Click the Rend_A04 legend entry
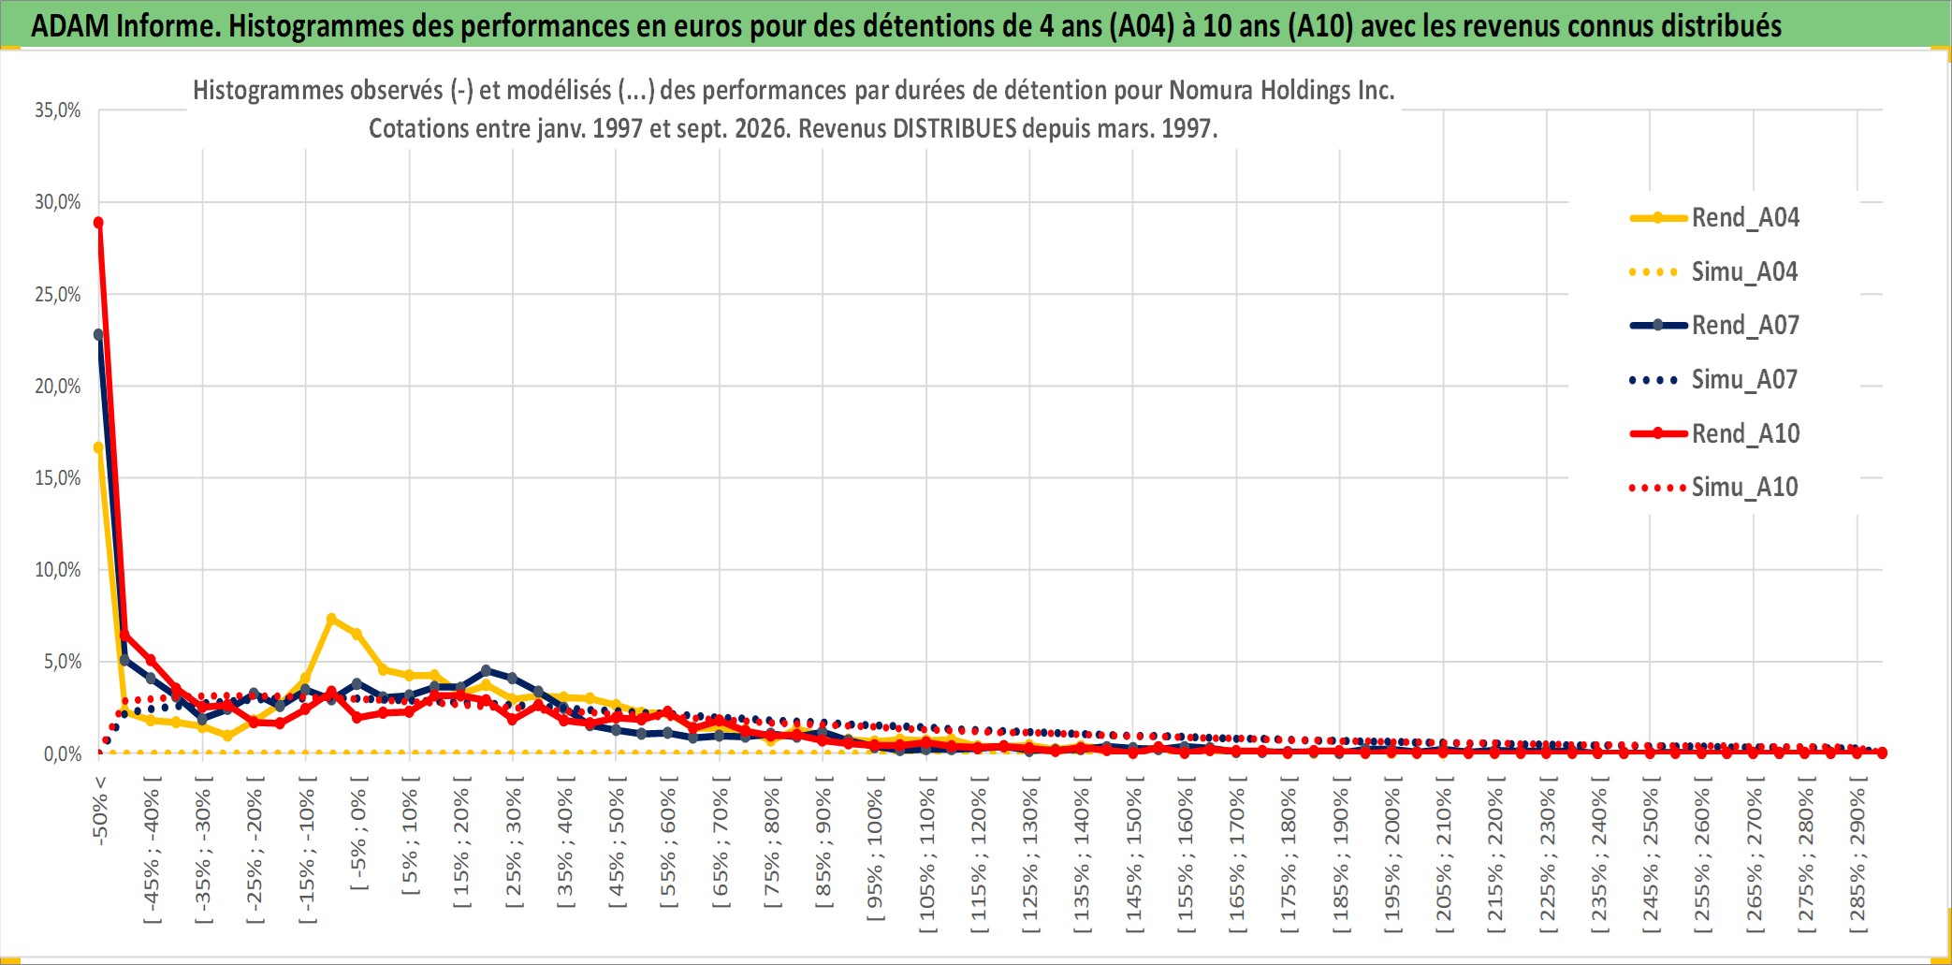(x=1714, y=218)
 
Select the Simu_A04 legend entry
(x=1714, y=272)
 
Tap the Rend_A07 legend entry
(x=1714, y=326)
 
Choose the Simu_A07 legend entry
(x=1714, y=380)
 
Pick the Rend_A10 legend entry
(x=1714, y=433)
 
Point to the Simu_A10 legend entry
(x=1714, y=488)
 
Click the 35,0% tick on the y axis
(x=58, y=110)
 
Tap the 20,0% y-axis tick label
(x=58, y=386)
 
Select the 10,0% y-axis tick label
(x=58, y=569)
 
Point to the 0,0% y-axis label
(x=63, y=753)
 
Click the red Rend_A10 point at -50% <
(x=98, y=223)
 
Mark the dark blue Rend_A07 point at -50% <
(x=98, y=334)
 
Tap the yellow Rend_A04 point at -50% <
(x=98, y=447)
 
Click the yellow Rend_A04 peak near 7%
(x=331, y=619)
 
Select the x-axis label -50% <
(x=100, y=811)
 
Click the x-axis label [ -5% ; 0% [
(x=358, y=832)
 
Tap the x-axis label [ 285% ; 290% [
(x=1857, y=854)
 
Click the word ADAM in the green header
(x=70, y=25)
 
